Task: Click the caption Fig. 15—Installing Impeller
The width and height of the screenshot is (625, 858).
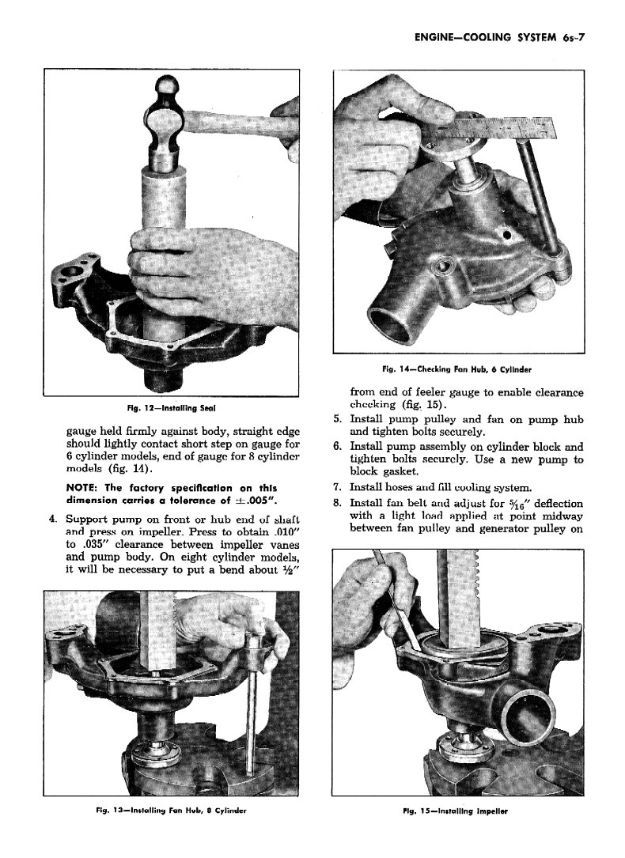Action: pos(457,811)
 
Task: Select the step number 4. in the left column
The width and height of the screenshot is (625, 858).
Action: pos(50,520)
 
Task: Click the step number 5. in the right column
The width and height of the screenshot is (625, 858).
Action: pos(337,418)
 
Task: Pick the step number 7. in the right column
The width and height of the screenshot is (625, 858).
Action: pos(337,487)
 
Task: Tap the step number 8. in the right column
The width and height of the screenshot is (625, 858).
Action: pos(337,503)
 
